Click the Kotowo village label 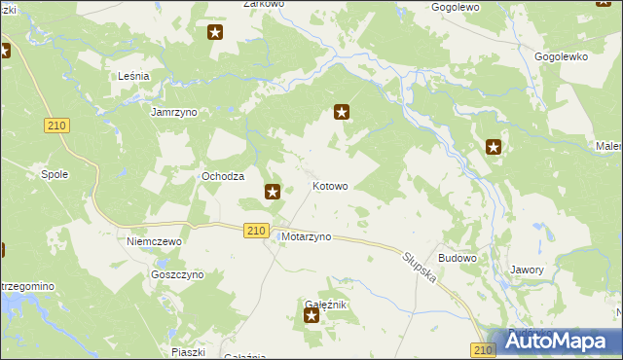[329, 186]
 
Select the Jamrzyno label [174, 113]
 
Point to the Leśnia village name [132, 76]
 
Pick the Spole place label [54, 174]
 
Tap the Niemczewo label [156, 240]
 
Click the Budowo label [458, 258]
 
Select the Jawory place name [527, 270]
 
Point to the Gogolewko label [562, 56]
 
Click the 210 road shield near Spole [57, 126]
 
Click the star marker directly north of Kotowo [342, 112]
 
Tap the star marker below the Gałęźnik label [311, 315]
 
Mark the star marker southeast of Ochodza [274, 193]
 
